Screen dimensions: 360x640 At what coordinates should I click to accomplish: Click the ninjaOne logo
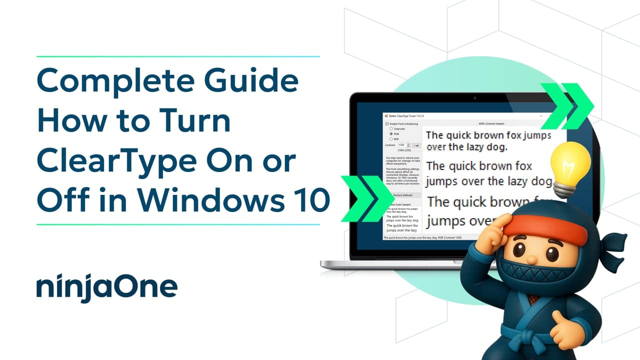[x=106, y=286]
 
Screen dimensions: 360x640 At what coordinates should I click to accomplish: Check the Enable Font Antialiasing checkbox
[x=387, y=123]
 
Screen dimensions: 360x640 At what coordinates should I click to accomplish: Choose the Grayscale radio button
[x=391, y=128]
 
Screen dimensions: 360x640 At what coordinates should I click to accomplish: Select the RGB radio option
[x=391, y=133]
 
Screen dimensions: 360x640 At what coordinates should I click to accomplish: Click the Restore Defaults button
[x=403, y=195]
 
